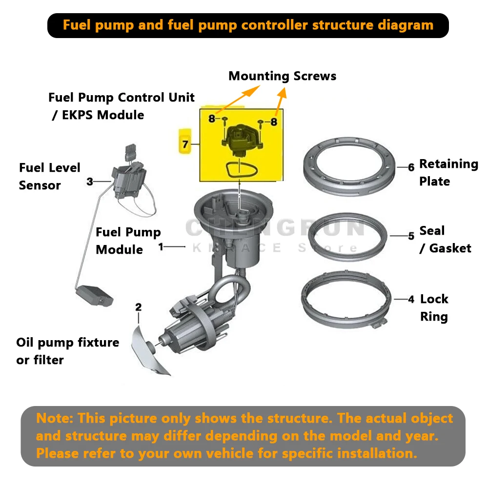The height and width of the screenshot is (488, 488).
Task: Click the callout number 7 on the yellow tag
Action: (185, 144)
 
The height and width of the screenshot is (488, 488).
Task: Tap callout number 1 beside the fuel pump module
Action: (161, 247)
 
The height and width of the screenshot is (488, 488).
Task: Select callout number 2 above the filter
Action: (139, 307)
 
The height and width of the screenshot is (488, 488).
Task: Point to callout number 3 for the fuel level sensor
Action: (90, 182)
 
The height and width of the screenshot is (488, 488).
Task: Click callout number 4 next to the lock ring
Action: (411, 299)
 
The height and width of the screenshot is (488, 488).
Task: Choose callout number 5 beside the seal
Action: (411, 236)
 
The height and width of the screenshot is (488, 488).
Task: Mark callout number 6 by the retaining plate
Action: (411, 167)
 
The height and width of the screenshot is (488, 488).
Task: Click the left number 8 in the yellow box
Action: (212, 119)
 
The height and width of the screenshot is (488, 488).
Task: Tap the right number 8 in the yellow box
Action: (274, 122)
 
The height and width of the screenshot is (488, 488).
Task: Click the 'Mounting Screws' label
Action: (282, 76)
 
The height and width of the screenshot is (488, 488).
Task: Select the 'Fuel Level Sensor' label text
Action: (49, 176)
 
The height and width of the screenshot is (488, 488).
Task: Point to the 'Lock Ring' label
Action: (434, 307)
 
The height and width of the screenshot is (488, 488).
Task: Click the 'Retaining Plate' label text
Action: (448, 172)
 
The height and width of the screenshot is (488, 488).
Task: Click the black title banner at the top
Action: (247, 25)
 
